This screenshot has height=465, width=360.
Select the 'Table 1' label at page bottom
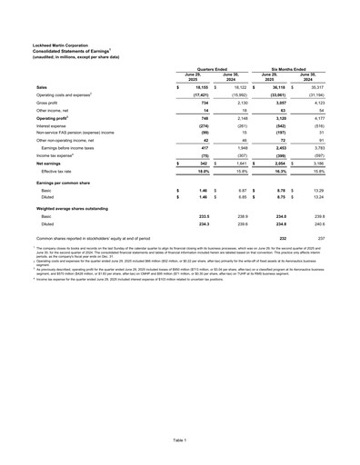(x=180, y=438)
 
